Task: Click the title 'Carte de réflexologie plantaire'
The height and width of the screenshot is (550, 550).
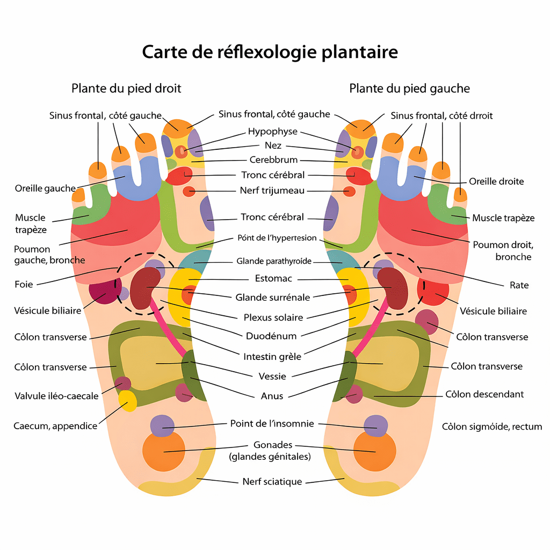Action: tap(270, 52)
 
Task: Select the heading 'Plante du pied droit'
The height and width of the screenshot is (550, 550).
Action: tap(126, 88)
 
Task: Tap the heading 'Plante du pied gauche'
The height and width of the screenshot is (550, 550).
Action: tap(409, 88)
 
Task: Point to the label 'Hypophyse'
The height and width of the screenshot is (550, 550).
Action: tap(272, 132)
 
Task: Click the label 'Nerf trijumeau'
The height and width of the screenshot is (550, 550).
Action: tap(272, 190)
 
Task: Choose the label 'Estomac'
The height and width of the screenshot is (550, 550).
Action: tap(273, 279)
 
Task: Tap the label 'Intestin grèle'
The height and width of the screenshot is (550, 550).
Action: tap(272, 356)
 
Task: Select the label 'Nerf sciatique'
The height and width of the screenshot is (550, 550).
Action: tap(272, 482)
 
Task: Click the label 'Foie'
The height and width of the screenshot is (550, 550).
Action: tap(24, 284)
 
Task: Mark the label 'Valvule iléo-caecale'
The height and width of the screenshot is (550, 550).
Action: tap(56, 396)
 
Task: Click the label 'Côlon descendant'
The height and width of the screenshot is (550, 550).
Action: tap(484, 394)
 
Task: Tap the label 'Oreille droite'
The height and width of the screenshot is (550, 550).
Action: tap(496, 182)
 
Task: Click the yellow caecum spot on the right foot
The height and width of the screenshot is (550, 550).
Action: tap(127, 401)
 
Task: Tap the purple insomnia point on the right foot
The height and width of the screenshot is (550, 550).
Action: tap(162, 425)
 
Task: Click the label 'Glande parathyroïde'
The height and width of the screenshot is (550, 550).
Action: tap(274, 262)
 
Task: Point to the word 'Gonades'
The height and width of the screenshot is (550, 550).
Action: tap(272, 445)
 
